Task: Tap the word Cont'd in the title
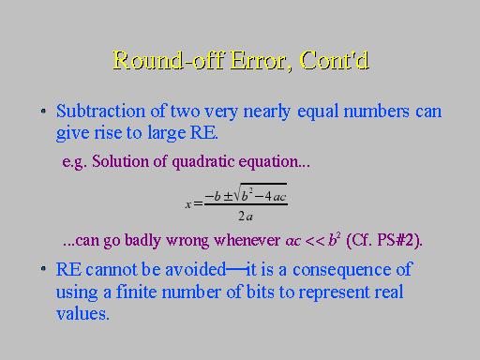click(335, 60)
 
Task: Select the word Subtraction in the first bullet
click(100, 111)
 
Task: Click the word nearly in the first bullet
click(267, 112)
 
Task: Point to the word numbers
click(376, 111)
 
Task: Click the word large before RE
click(167, 133)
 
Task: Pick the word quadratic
click(203, 162)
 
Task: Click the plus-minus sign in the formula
click(228, 197)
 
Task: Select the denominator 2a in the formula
click(246, 216)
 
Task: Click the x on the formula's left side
click(187, 204)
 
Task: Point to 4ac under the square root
click(275, 197)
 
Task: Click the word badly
click(142, 241)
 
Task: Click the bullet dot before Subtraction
click(43, 111)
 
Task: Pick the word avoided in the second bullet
click(195, 269)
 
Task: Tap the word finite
click(136, 292)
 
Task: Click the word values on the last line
click(82, 314)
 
